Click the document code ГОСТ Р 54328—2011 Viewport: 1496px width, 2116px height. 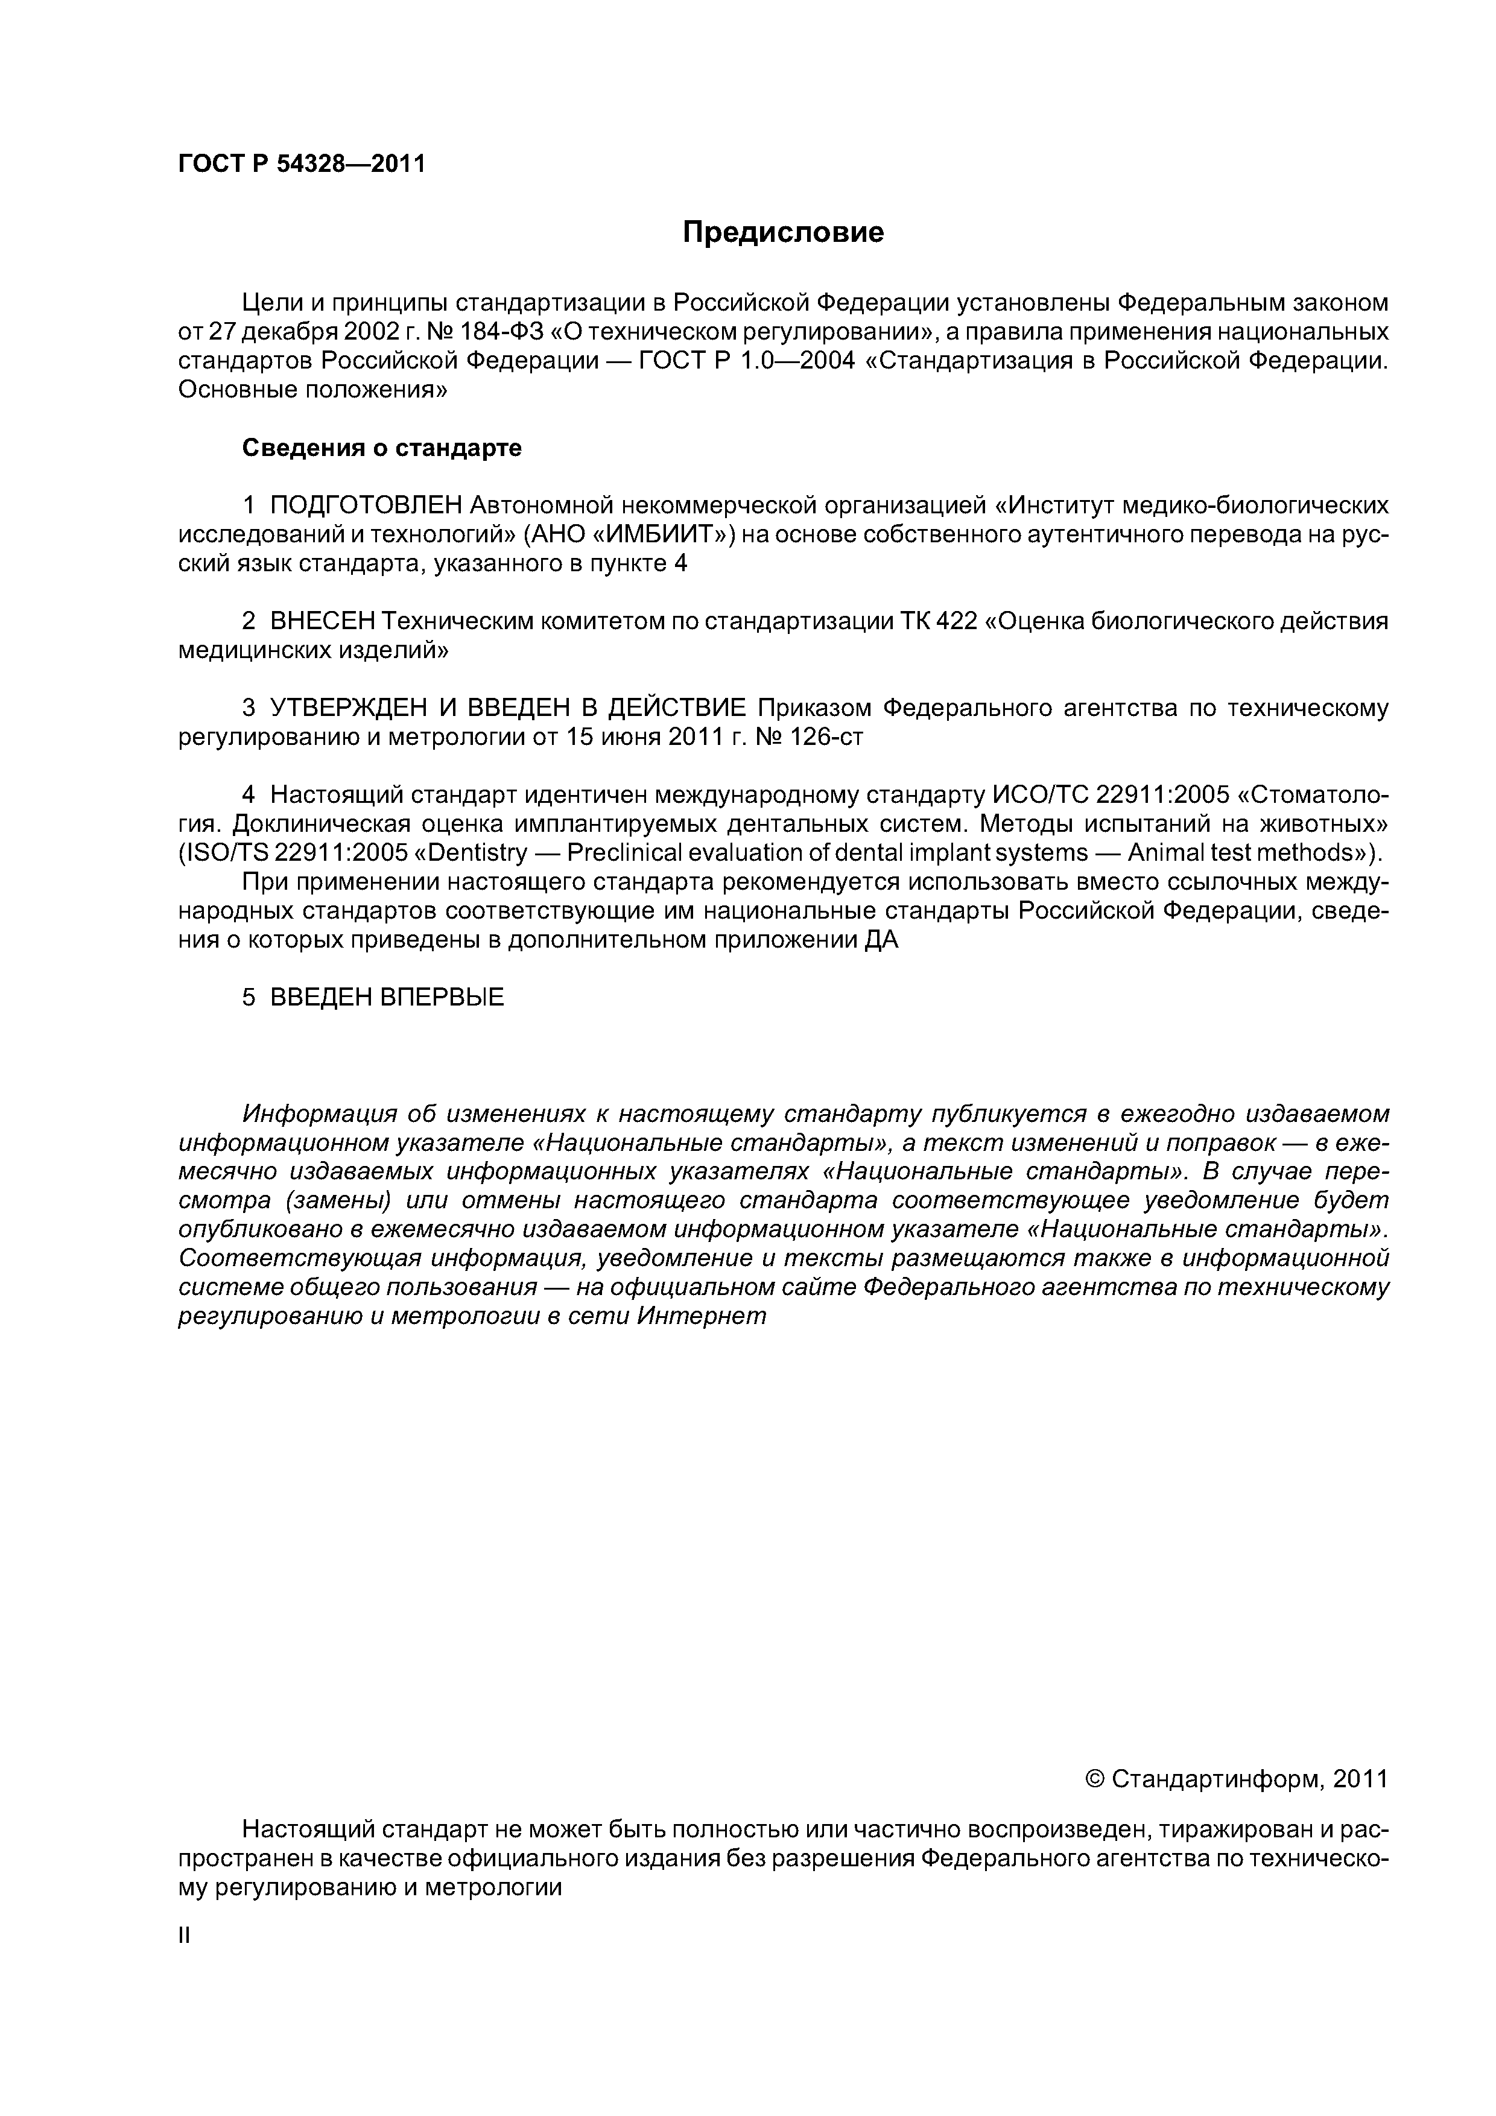(302, 164)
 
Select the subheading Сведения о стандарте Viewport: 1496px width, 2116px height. (382, 448)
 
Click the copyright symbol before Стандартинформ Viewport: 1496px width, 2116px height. (1095, 1779)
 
